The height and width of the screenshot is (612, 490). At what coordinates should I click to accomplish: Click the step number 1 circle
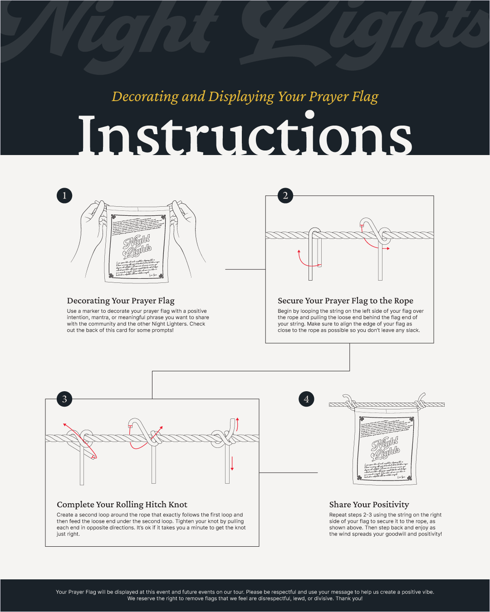pyautogui.click(x=64, y=195)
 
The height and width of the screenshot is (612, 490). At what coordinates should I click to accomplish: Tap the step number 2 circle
pyautogui.click(x=285, y=195)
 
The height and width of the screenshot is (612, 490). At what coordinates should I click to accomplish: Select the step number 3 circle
pyautogui.click(x=64, y=399)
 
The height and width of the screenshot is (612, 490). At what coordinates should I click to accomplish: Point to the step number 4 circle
pyautogui.click(x=306, y=399)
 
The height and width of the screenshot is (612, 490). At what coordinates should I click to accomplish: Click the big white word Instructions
pyautogui.click(x=245, y=135)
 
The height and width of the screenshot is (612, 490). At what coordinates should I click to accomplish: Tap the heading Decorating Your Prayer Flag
pyautogui.click(x=121, y=301)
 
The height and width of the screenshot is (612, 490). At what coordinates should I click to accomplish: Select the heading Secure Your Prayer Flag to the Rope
pyautogui.click(x=345, y=301)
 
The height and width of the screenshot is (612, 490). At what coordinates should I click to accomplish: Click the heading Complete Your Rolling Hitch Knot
pyautogui.click(x=122, y=505)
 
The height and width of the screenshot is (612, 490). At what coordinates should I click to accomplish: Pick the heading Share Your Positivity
pyautogui.click(x=369, y=505)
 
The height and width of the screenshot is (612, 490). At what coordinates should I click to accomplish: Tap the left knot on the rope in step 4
pyautogui.click(x=349, y=403)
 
